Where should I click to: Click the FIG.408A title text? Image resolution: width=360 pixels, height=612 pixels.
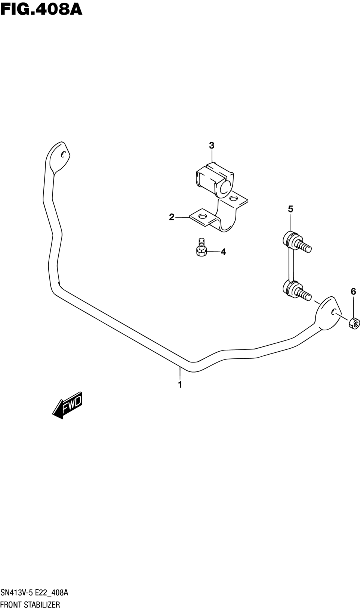(x=41, y=10)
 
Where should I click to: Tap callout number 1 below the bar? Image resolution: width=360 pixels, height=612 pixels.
(x=180, y=385)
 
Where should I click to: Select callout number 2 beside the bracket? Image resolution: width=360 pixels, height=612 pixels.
(x=172, y=217)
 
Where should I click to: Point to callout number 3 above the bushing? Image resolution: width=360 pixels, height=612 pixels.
(x=212, y=146)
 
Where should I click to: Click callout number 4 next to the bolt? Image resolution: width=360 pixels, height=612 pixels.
(x=223, y=252)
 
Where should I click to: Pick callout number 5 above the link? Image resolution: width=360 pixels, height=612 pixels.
(x=290, y=209)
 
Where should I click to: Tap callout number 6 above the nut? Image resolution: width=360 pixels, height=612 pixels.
(x=353, y=291)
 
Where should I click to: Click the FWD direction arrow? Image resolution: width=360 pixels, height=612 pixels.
(x=67, y=406)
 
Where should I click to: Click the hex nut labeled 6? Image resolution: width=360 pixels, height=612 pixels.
(x=354, y=324)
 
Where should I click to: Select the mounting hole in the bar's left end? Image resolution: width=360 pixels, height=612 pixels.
(x=63, y=154)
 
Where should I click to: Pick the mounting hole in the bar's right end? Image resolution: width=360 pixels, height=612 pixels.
(x=333, y=312)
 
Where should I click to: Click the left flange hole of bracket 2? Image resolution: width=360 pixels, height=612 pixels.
(x=202, y=216)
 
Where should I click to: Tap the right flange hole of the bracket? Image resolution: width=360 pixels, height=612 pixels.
(x=234, y=198)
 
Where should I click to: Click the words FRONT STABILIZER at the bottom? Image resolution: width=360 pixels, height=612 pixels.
(x=30, y=605)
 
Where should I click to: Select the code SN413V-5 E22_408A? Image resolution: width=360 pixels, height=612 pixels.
(x=34, y=593)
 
